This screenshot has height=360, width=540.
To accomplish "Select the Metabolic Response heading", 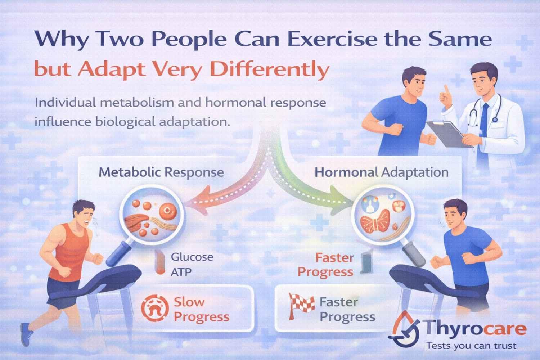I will tap(161, 172).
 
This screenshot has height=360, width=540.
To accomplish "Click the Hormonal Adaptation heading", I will tap(382, 172).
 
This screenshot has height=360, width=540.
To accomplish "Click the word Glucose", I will tap(192, 257).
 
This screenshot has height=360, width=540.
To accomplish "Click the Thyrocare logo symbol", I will tap(405, 328).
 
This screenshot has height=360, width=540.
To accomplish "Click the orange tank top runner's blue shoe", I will tap(27, 333).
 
